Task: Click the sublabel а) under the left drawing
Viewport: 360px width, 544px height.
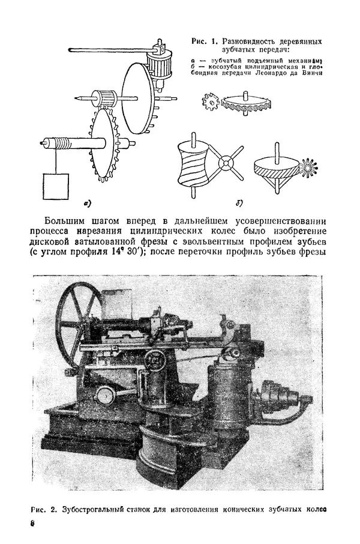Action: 88,204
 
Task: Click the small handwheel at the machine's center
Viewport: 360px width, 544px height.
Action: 158,360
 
